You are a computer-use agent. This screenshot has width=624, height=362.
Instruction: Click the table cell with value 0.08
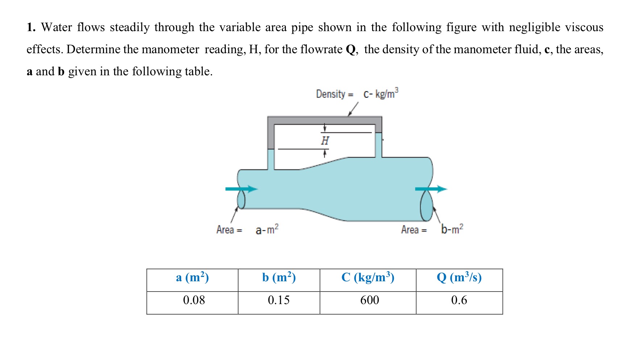pyautogui.click(x=194, y=300)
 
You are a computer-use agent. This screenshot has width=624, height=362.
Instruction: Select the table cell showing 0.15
pyautogui.click(x=279, y=300)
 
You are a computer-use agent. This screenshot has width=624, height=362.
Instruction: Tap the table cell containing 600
pyautogui.click(x=369, y=300)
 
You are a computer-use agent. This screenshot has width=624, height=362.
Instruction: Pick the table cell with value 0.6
pyautogui.click(x=459, y=300)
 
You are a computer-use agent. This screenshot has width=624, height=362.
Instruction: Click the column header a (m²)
pyautogui.click(x=192, y=278)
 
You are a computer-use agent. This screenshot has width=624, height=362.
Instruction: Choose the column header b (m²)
pyautogui.click(x=279, y=278)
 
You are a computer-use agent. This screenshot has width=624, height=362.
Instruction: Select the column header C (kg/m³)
pyautogui.click(x=368, y=278)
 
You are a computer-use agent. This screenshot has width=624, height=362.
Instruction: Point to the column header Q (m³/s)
pyautogui.click(x=459, y=278)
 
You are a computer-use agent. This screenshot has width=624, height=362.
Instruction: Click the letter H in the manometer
pyautogui.click(x=325, y=140)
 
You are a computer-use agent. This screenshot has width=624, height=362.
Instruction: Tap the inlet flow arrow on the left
pyautogui.click(x=241, y=189)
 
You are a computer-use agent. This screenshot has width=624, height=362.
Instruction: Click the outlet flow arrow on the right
pyautogui.click(x=431, y=189)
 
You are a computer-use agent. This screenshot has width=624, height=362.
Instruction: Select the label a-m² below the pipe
pyautogui.click(x=267, y=229)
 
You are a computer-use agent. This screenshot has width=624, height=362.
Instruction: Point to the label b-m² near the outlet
pyautogui.click(x=452, y=229)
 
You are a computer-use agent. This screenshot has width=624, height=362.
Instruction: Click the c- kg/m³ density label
pyautogui.click(x=381, y=94)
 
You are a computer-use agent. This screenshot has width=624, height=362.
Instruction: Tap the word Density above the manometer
pyautogui.click(x=330, y=94)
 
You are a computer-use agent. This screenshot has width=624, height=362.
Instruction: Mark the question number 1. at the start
pyautogui.click(x=31, y=28)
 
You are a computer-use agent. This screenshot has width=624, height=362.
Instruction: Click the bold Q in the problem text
pyautogui.click(x=351, y=49)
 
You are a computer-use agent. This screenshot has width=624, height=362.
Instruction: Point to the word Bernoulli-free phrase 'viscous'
pyautogui.click(x=584, y=28)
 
